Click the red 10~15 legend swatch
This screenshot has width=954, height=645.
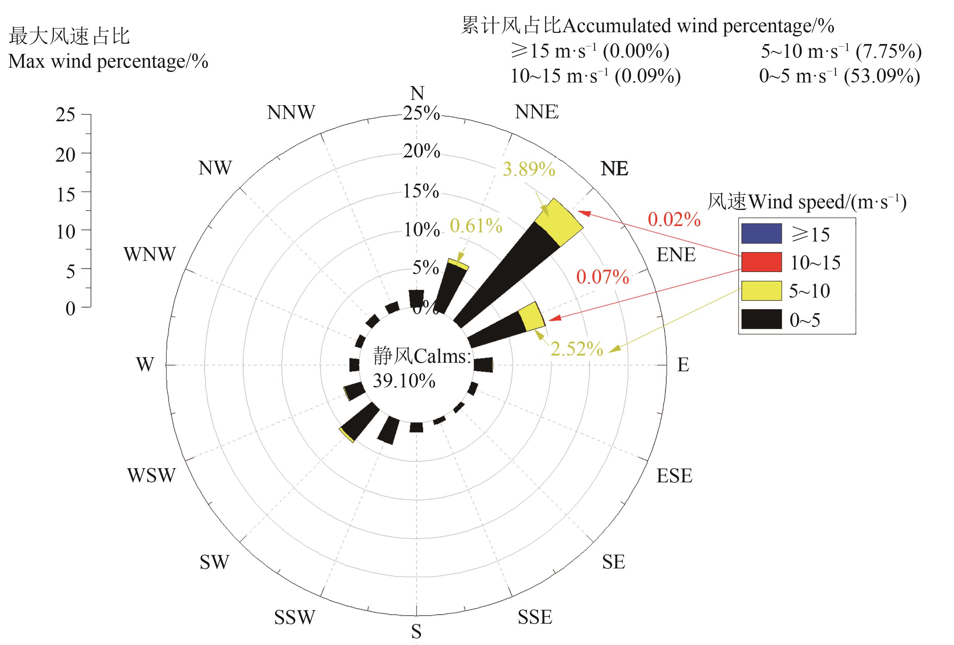pyautogui.click(x=761, y=262)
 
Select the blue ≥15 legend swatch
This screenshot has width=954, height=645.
pyautogui.click(x=761, y=233)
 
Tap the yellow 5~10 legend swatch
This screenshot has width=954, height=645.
pyautogui.click(x=761, y=291)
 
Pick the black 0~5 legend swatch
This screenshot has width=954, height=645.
pyautogui.click(x=761, y=319)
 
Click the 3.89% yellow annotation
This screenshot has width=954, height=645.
pyautogui.click(x=529, y=169)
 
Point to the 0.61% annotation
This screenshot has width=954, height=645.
pyautogui.click(x=476, y=226)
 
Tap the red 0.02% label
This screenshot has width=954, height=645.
pyautogui.click(x=674, y=219)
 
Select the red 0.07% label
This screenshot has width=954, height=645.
pyautogui.click(x=602, y=277)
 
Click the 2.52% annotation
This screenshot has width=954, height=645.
pyautogui.click(x=576, y=349)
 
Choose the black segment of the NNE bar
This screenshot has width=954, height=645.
pyautogui.click(x=449, y=288)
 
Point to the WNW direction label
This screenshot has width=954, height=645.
pyautogui.click(x=150, y=254)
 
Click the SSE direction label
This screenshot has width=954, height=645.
pyautogui.click(x=535, y=617)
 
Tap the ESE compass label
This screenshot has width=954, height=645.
pyautogui.click(x=674, y=476)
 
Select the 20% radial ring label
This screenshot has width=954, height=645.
pyautogui.click(x=421, y=151)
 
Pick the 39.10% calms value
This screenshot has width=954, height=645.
pyautogui.click(x=404, y=381)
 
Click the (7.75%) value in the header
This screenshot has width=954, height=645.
pyautogui.click(x=889, y=51)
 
